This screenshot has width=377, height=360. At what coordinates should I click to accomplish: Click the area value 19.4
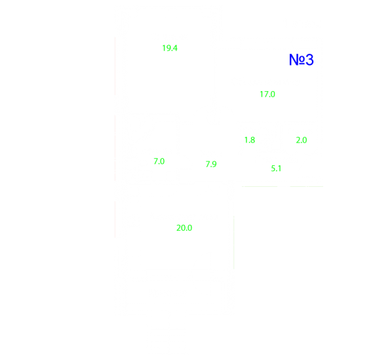(170, 48)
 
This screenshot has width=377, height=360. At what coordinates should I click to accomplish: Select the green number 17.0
(268, 94)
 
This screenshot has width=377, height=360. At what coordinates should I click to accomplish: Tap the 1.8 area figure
(250, 140)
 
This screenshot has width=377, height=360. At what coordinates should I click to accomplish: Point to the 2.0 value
(301, 140)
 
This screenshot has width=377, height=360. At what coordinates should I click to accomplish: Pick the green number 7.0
(159, 161)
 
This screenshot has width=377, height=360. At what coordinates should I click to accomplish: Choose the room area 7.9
(211, 164)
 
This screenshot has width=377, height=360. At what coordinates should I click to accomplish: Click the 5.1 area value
(276, 169)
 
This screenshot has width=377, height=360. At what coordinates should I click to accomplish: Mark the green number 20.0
(184, 228)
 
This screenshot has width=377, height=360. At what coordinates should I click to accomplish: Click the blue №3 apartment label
(301, 60)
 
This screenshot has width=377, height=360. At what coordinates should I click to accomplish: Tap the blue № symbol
(297, 60)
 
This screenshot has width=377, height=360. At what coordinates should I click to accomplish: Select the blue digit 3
(310, 60)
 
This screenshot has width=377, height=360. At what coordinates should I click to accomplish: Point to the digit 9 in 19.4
(168, 48)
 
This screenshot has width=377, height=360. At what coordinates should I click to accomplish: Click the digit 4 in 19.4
(175, 48)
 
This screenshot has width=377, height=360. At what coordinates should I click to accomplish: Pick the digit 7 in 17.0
(265, 94)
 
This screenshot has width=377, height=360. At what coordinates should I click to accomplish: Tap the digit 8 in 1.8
(252, 140)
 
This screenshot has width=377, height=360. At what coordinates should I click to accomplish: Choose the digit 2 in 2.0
(298, 140)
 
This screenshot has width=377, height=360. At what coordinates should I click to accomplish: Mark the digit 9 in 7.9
(214, 164)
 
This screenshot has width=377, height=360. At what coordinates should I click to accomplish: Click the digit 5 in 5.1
(273, 169)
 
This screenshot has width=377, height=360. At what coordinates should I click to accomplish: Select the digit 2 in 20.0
(179, 228)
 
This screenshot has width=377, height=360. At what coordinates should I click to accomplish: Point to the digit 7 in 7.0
(156, 161)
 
